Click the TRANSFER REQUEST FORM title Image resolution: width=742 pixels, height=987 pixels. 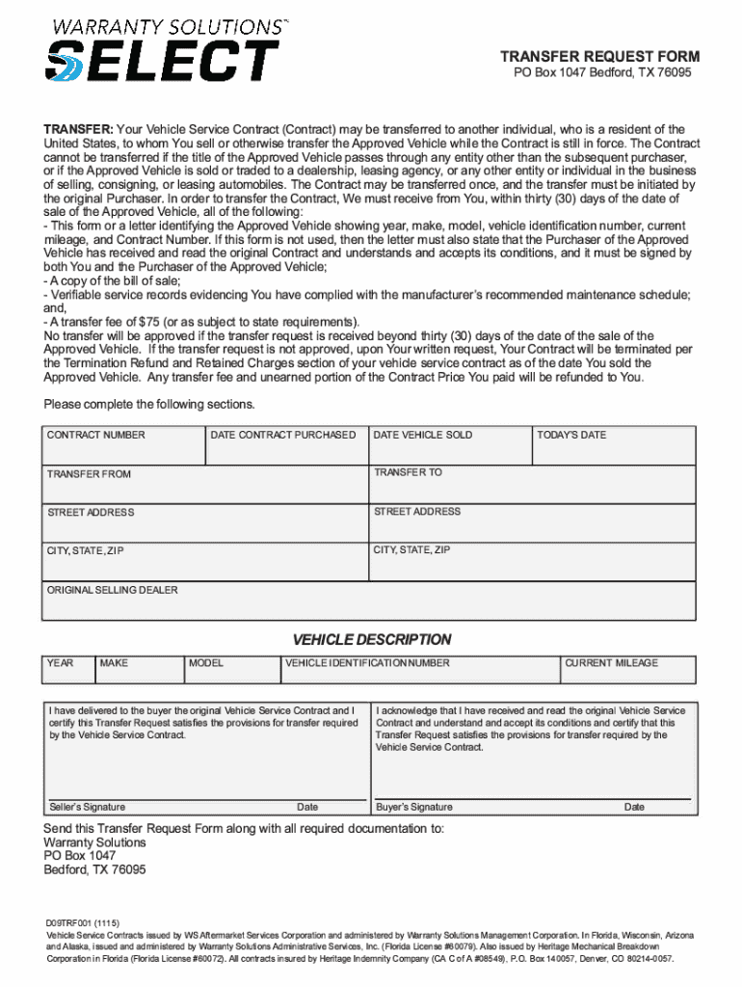coord(599,57)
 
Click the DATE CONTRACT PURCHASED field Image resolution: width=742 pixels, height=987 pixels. coord(286,446)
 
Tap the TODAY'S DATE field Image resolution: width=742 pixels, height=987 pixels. coord(613,446)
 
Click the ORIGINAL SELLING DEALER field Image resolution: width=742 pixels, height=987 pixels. coord(368,600)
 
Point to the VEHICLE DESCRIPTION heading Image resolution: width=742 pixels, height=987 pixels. coord(372,640)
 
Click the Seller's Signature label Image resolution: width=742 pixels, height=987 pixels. coord(87,808)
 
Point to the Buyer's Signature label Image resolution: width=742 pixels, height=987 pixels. coord(413,808)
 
